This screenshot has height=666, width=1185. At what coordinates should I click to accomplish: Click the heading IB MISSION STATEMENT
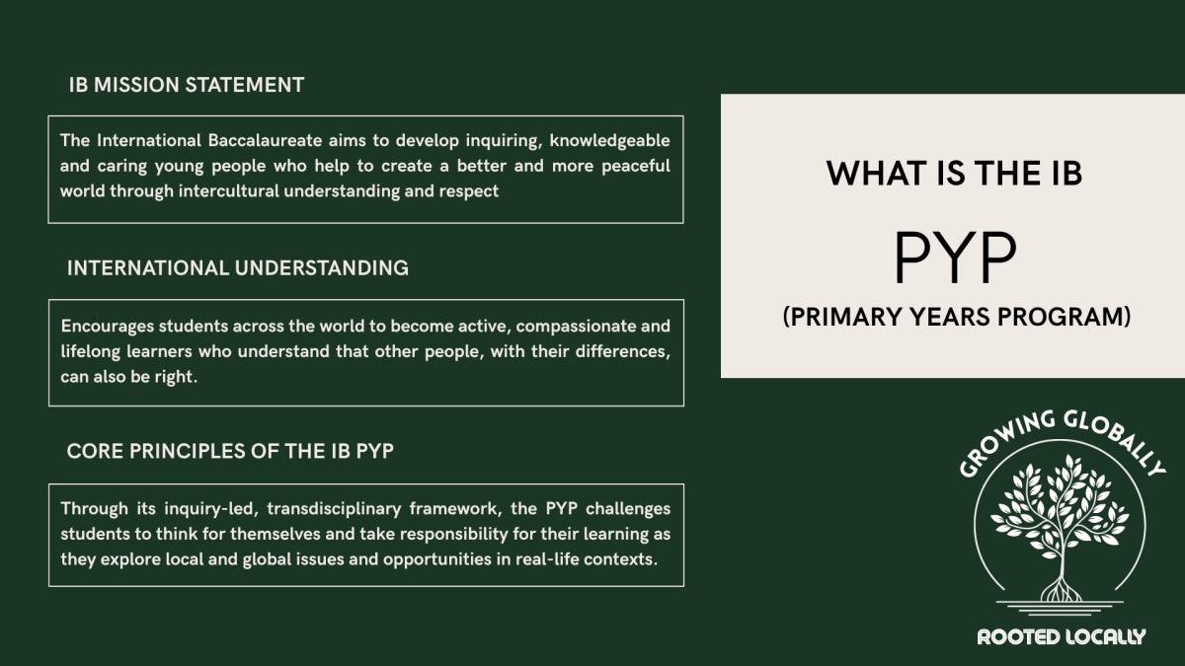186,85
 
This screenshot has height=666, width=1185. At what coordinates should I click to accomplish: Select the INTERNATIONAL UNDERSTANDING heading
237,267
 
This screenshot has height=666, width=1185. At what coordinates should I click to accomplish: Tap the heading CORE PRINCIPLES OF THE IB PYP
230,452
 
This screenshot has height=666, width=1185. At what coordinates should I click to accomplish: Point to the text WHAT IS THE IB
954,174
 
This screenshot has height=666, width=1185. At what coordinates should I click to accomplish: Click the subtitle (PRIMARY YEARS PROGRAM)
956,318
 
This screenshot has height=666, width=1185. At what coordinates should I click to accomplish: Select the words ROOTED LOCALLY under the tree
1061,636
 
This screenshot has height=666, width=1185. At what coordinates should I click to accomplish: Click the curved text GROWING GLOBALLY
1061,439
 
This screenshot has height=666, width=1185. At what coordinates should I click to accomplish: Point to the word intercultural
228,191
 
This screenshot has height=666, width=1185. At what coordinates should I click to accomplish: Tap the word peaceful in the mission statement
636,166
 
